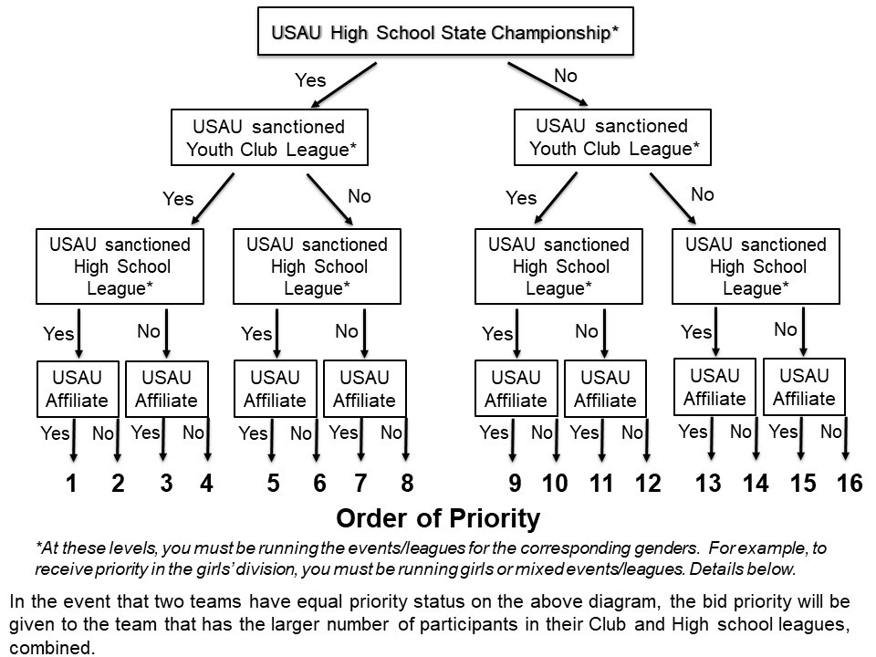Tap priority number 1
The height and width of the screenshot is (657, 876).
pyautogui.click(x=71, y=484)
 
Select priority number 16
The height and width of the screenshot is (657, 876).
pyautogui.click(x=849, y=484)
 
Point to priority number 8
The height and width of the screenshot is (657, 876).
pyautogui.click(x=407, y=484)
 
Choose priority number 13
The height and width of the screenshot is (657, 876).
pyautogui.click(x=708, y=484)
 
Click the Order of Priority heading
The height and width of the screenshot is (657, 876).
pyautogui.click(x=438, y=519)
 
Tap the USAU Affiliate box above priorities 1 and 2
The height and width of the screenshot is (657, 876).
pyautogui.click(x=78, y=389)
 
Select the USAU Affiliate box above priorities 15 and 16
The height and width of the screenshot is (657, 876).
pyautogui.click(x=804, y=387)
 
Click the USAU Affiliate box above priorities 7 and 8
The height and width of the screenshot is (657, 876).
pyautogui.click(x=364, y=389)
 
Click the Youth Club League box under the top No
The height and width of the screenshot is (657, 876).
pyautogui.click(x=611, y=138)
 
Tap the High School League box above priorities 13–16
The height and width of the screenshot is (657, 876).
pyautogui.click(x=756, y=266)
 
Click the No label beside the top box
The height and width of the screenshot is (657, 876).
pyautogui.click(x=566, y=77)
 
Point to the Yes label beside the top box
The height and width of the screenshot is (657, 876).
pyautogui.click(x=310, y=80)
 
